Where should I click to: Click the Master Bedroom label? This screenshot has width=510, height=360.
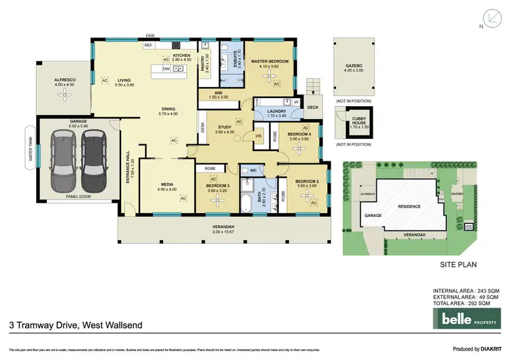point(270,62)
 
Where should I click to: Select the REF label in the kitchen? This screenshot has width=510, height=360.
point(148,45)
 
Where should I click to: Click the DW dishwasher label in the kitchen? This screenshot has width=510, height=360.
point(166,69)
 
